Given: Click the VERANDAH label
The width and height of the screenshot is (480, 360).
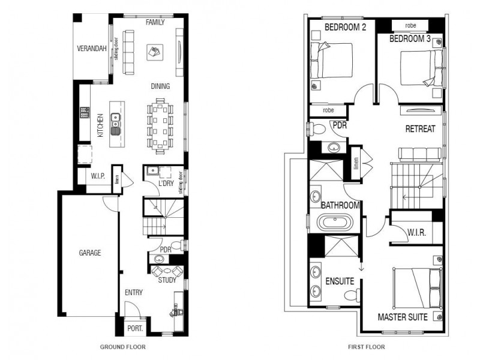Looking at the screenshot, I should pyautogui.click(x=92, y=48).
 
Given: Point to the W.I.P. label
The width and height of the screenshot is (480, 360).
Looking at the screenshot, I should pyautogui.click(x=98, y=176).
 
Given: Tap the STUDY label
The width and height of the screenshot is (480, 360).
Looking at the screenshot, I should pyautogui.click(x=167, y=280).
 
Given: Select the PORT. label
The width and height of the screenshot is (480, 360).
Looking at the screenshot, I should pyautogui.click(x=135, y=328).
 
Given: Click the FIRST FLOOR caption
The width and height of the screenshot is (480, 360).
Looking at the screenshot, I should pyautogui.click(x=367, y=347).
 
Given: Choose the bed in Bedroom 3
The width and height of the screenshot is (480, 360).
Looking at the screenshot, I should pyautogui.click(x=420, y=66).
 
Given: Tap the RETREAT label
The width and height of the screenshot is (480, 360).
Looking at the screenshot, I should pyautogui.click(x=420, y=128).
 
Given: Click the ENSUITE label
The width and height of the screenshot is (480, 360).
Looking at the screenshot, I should pyautogui.click(x=339, y=281).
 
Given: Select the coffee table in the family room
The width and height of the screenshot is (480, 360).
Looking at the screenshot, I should pyautogui.click(x=155, y=51).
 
